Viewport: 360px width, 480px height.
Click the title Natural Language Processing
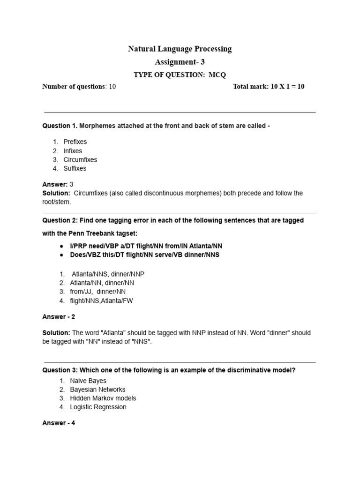(x=180, y=49)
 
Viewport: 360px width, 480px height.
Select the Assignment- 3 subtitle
(x=180, y=62)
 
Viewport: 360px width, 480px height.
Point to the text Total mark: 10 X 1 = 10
(x=269, y=87)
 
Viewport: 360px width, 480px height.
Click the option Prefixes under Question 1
(x=75, y=142)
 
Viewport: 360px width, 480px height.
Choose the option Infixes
(x=73, y=151)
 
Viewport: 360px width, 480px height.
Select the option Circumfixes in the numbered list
(x=80, y=159)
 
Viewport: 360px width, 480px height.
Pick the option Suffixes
(x=75, y=168)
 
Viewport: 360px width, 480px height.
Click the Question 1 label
(x=60, y=126)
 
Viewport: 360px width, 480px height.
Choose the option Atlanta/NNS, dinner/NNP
(x=105, y=274)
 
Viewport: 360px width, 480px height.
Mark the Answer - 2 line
(x=59, y=317)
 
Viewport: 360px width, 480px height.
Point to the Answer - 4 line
(x=59, y=423)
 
